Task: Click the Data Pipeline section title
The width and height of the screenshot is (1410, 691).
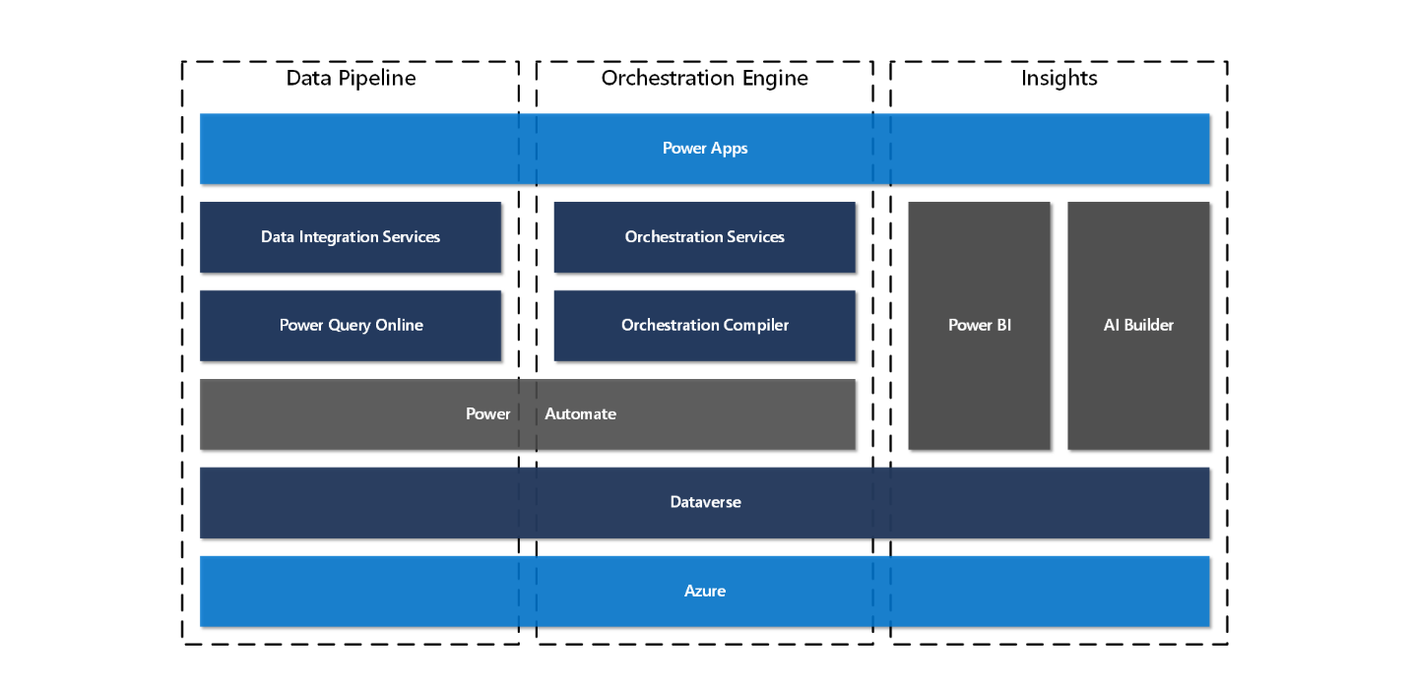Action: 351,78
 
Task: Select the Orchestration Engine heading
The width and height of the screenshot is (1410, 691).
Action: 704,78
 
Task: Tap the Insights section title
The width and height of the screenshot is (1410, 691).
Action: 1058,78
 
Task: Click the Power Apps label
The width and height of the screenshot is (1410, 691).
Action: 704,149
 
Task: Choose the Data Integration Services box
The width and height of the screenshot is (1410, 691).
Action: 351,237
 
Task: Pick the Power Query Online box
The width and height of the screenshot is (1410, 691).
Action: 351,326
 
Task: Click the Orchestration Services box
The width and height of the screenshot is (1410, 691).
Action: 704,237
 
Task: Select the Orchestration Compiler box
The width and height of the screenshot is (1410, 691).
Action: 704,326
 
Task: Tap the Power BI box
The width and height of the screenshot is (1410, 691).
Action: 979,326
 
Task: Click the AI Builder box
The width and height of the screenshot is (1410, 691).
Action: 1138,326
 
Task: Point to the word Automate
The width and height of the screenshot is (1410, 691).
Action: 580,414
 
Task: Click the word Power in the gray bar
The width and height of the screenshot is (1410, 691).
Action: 487,414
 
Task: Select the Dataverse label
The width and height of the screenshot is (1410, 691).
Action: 705,503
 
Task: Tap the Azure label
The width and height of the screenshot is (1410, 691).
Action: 705,592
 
